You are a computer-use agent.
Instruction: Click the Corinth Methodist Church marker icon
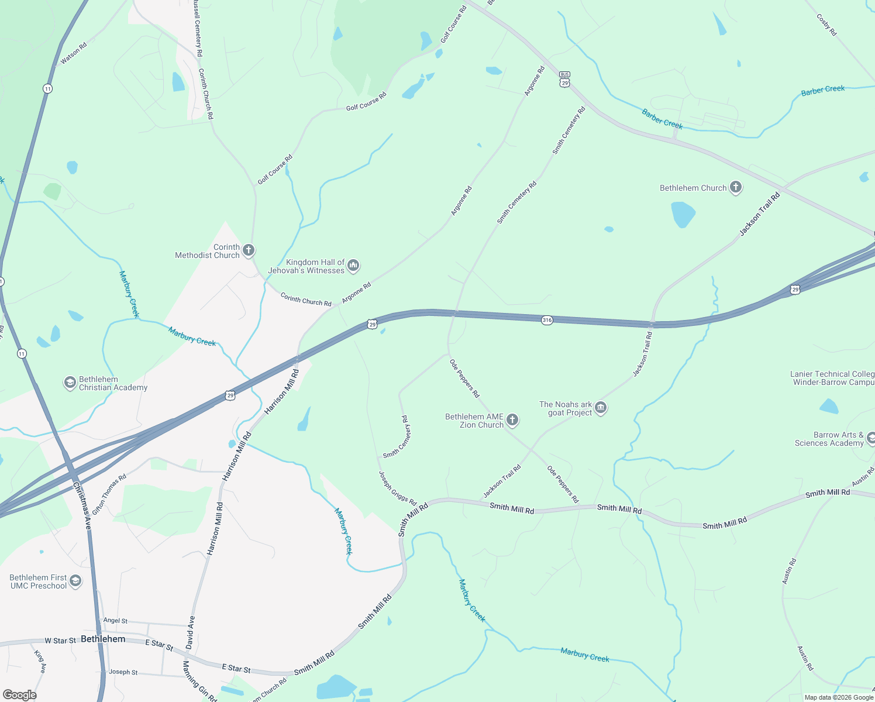click(248, 251)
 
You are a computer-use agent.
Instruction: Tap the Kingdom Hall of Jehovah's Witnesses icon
click(353, 266)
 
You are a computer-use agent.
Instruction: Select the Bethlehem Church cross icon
click(736, 188)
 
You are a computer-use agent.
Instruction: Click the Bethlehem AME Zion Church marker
click(512, 420)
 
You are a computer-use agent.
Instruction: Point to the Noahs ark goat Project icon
click(601, 408)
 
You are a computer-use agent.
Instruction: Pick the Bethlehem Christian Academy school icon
click(70, 383)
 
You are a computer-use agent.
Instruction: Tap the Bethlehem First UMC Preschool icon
click(75, 581)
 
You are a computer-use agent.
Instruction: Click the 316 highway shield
click(547, 320)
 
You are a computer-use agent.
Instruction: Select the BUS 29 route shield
click(564, 80)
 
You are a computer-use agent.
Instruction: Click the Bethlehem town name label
click(103, 639)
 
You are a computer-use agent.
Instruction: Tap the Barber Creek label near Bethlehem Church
click(662, 119)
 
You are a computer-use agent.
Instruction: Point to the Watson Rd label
click(74, 53)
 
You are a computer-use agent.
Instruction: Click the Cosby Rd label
click(826, 25)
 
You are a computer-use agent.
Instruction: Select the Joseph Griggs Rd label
click(397, 488)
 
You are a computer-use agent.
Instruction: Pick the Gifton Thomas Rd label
click(109, 494)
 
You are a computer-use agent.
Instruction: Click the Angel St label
click(115, 621)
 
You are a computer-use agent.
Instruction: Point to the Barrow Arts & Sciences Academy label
click(829, 439)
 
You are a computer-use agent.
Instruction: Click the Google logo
click(19, 694)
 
